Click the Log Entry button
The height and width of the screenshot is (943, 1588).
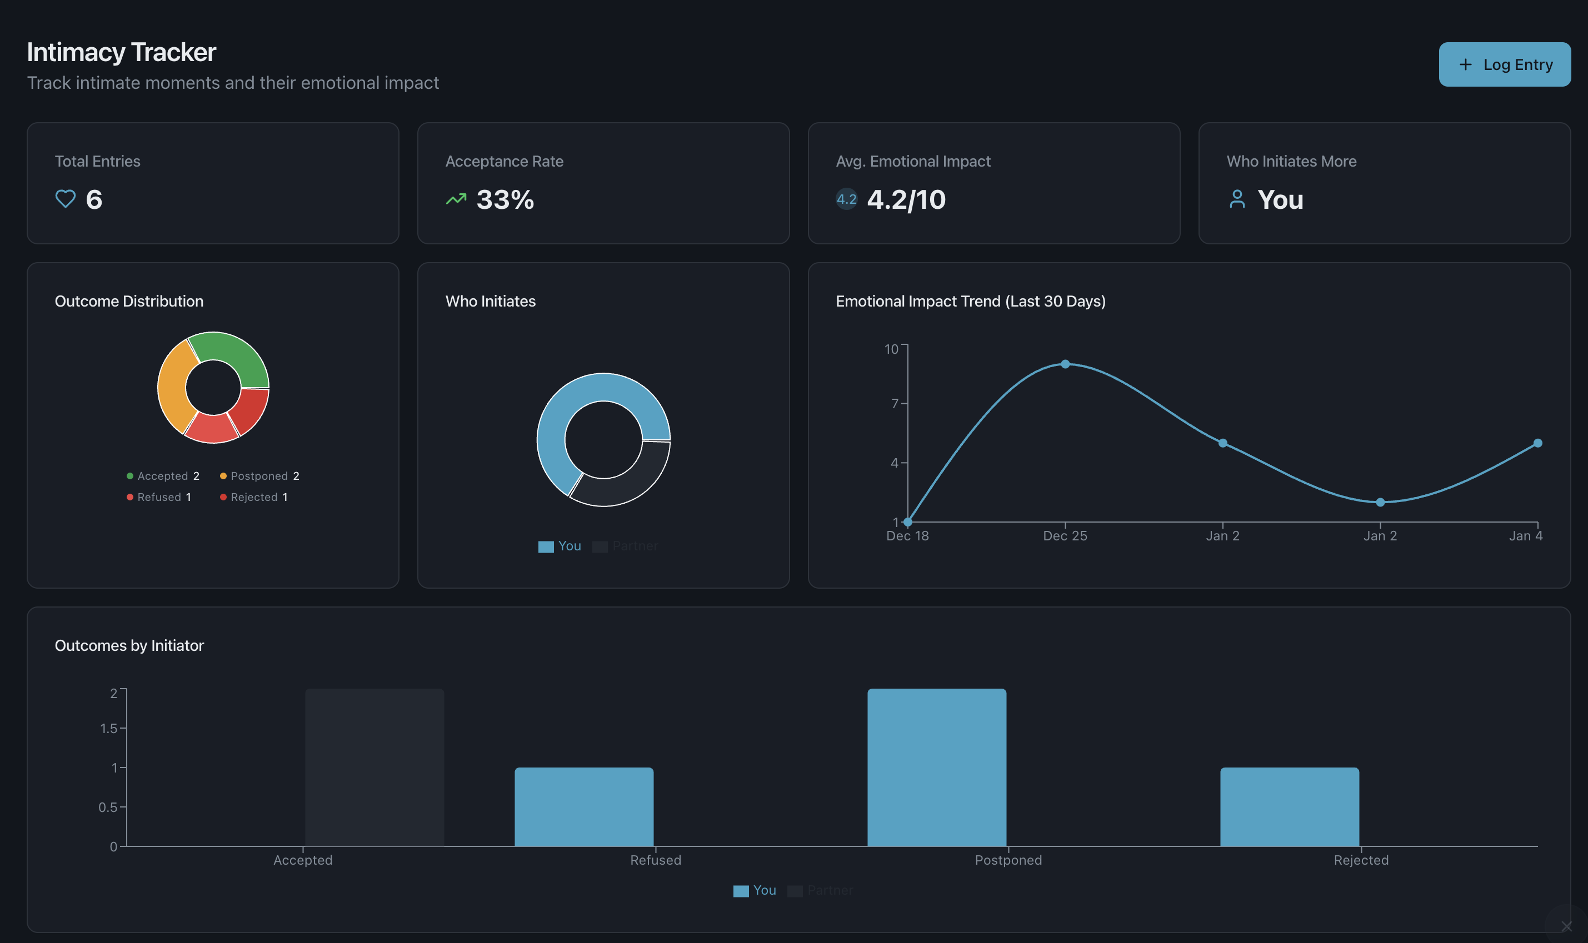pos(1504,64)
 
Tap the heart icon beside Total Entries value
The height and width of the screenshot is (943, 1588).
pos(65,199)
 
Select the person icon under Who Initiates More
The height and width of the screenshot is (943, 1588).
pos(1236,199)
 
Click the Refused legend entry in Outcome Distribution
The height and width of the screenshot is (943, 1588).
pos(159,497)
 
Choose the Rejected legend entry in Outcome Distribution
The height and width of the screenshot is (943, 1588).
pos(254,497)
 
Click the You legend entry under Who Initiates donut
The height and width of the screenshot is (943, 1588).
pos(560,546)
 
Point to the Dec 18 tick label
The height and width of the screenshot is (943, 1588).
pos(907,536)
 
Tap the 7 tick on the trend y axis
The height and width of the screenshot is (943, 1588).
pos(895,404)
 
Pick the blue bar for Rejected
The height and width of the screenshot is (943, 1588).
pos(1289,806)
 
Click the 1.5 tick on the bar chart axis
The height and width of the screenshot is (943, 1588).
pos(109,728)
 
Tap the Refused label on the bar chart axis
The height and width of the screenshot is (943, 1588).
pos(656,860)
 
